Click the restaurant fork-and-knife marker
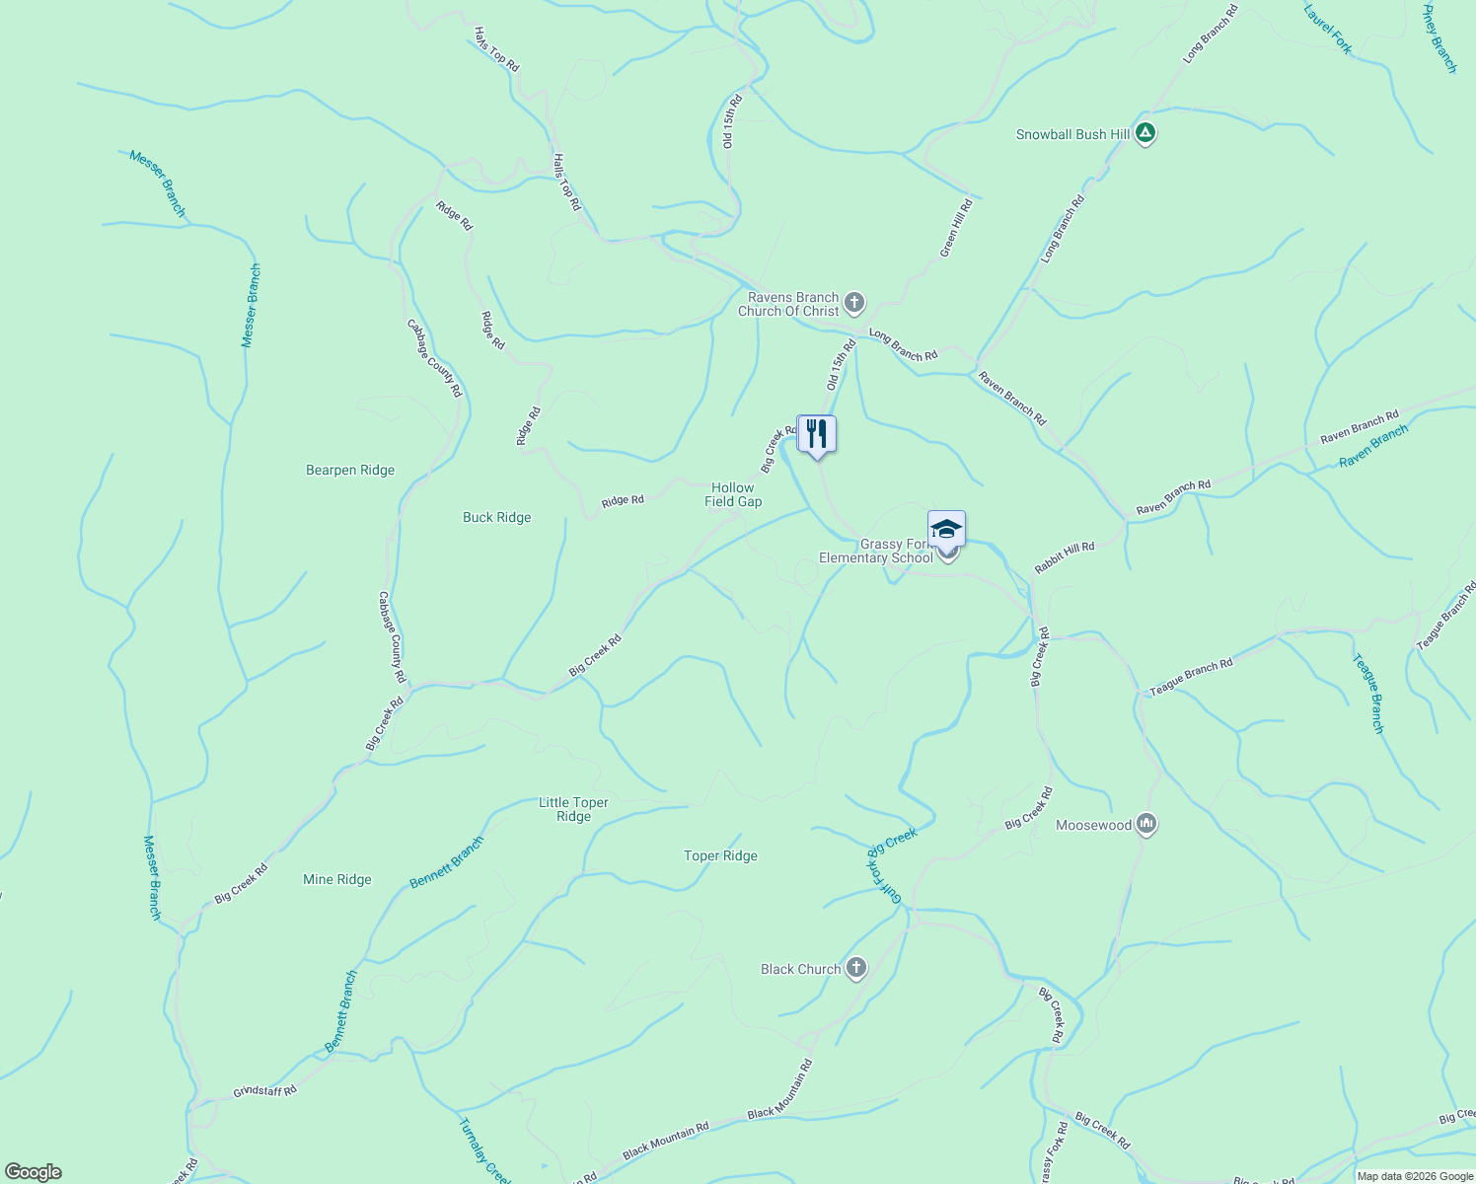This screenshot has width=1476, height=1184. click(x=816, y=434)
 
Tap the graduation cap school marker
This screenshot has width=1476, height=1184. click(x=946, y=530)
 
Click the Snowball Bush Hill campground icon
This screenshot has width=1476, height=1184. click(x=1144, y=133)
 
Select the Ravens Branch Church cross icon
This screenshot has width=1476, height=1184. click(x=854, y=303)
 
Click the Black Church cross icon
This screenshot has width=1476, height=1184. click(x=855, y=969)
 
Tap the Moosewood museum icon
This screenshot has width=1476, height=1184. click(x=1145, y=824)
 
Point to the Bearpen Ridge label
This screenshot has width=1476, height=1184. click(x=350, y=471)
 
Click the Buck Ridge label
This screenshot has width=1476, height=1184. click(x=497, y=518)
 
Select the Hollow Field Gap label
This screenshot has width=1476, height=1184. click(x=733, y=494)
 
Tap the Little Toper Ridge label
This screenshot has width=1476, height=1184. click(x=573, y=809)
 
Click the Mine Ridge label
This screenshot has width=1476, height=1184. click(x=337, y=880)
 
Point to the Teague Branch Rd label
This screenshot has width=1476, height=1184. click(x=1191, y=678)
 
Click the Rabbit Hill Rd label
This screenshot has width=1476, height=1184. click(x=1065, y=558)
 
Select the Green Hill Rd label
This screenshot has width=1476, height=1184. click(x=956, y=228)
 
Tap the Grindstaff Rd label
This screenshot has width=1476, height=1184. click(x=264, y=1091)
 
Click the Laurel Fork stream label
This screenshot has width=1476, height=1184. click(x=1328, y=29)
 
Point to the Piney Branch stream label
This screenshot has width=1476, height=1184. click(x=1439, y=38)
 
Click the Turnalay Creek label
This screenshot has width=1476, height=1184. click(x=484, y=1150)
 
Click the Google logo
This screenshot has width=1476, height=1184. click(x=33, y=1172)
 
